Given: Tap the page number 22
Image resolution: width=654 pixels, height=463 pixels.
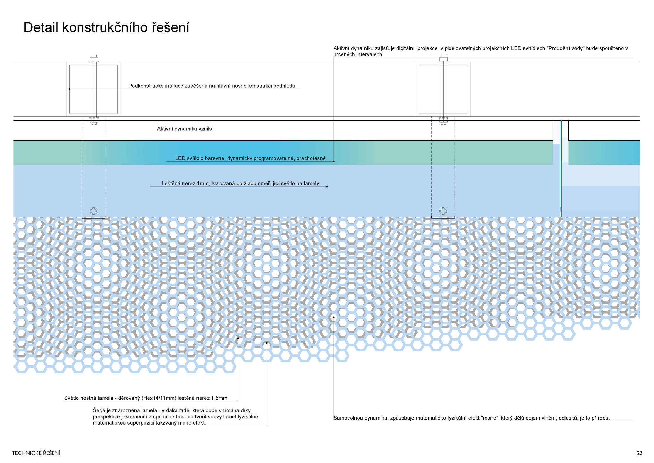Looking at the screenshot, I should tap(639, 453).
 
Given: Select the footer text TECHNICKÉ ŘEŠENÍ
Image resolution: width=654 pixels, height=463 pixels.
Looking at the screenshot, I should tap(36, 453).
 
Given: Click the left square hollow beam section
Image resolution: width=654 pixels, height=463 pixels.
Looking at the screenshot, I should tap(93, 89).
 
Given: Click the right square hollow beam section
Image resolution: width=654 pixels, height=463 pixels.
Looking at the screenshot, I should tap(443, 89).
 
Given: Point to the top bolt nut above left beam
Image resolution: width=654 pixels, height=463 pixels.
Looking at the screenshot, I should tap(94, 59).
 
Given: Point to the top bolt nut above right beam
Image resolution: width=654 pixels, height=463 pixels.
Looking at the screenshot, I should tap(443, 59).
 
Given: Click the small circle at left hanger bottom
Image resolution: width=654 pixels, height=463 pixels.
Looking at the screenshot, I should tap(93, 211).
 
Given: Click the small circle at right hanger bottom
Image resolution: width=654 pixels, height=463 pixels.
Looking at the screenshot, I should tap(443, 211).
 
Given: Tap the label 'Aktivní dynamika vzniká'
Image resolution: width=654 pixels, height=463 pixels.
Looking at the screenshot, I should tap(185, 129).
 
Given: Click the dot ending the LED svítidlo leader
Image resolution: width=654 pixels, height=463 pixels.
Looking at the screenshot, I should tap(334, 161).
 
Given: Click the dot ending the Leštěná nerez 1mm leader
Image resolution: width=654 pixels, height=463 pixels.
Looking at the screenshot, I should tap(327, 186).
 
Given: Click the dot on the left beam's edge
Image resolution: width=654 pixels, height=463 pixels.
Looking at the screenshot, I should tap(70, 89).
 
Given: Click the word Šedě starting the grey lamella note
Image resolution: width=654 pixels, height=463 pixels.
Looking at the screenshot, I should tap(99, 411).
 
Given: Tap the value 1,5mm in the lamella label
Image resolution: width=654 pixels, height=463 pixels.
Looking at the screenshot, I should tap(219, 398).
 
